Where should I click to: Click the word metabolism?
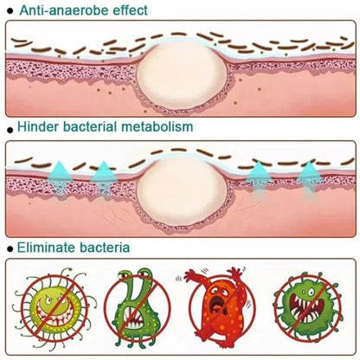pyautogui.click(x=157, y=126)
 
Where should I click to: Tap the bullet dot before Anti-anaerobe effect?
pyautogui.click(x=10, y=11)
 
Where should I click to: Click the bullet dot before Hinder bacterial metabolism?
pyautogui.click(x=10, y=130)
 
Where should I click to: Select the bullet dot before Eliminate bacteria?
pyautogui.click(x=10, y=249)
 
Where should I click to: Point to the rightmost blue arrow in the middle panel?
pyautogui.click(x=310, y=179)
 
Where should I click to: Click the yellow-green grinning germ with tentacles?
pyautogui.click(x=54, y=303)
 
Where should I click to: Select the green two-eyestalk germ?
pyautogui.click(x=137, y=310)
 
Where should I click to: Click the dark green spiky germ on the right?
pyautogui.click(x=308, y=306)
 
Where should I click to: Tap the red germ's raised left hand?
pyautogui.click(x=192, y=274)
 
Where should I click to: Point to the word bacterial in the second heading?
pyautogui.click(x=89, y=126)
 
